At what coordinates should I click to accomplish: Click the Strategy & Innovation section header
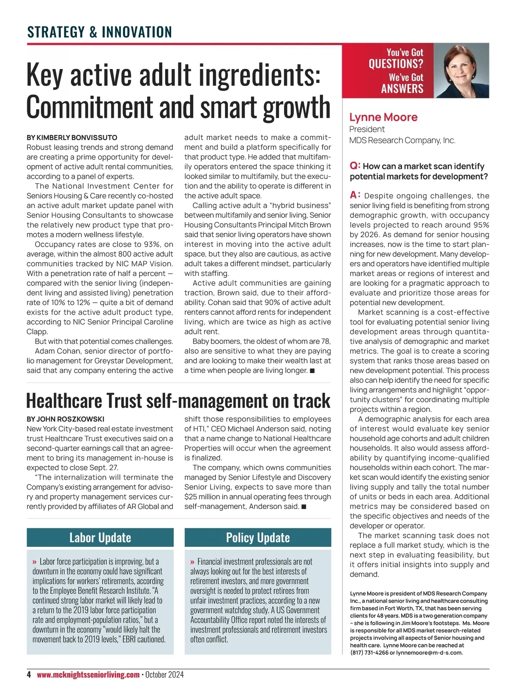[99, 32]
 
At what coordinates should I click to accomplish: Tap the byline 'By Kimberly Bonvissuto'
[72, 138]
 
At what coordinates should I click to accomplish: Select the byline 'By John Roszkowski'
[65, 419]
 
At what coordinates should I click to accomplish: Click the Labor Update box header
[100, 537]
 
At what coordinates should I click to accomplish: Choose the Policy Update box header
[258, 537]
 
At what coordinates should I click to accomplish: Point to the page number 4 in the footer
[29, 674]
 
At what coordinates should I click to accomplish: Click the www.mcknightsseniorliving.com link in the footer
[88, 674]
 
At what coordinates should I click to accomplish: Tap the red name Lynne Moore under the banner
[383, 117]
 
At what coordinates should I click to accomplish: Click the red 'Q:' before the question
[355, 166]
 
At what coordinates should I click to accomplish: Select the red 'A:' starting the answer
[355, 196]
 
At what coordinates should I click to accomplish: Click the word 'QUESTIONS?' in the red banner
[396, 64]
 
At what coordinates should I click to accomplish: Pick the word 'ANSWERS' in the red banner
[402, 89]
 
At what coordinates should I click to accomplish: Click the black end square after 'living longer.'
[312, 371]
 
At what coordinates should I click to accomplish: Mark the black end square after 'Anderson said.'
[304, 506]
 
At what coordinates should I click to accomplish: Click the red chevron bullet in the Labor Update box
[34, 562]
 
